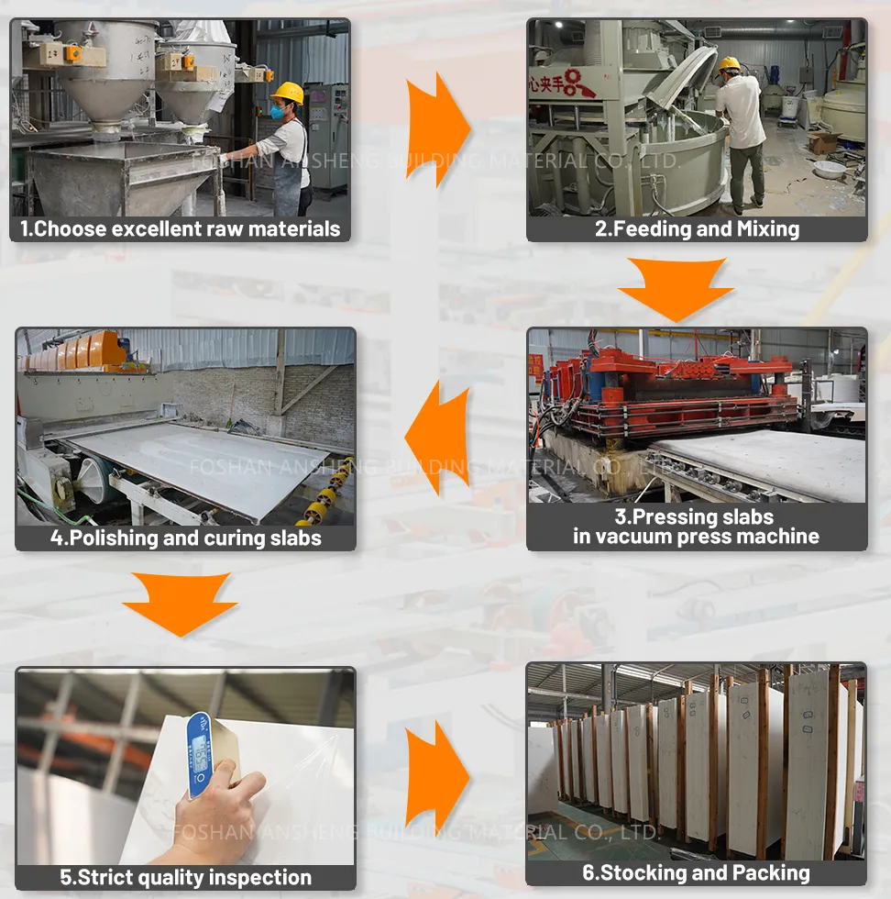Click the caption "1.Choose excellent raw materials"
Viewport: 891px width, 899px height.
[x=181, y=228]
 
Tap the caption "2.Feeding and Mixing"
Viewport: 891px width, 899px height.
[x=697, y=228]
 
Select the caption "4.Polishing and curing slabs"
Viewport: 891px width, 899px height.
[x=186, y=538]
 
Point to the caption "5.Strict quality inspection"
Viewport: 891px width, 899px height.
[x=186, y=877]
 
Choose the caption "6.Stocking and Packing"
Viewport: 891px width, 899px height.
[x=697, y=872]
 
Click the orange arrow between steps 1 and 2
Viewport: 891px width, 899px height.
[x=437, y=128]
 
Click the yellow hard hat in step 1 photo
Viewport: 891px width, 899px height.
[x=289, y=93]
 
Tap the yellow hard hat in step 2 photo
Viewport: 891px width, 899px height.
[x=729, y=64]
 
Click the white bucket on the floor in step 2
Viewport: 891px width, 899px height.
[x=829, y=171]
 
